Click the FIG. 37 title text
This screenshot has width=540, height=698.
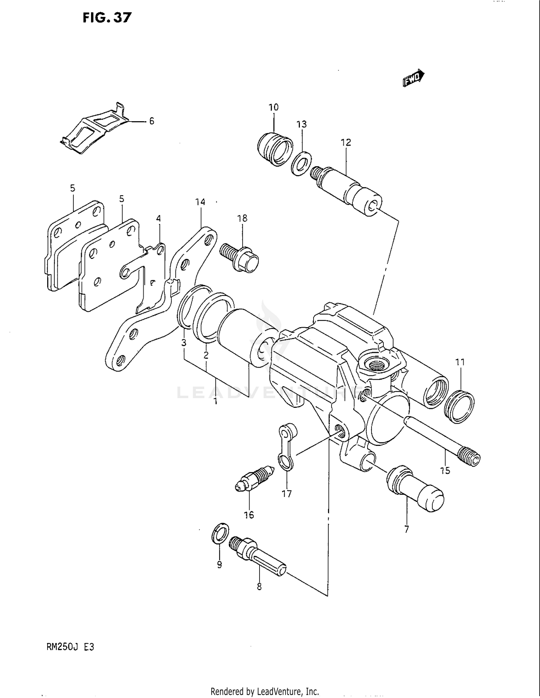click(107, 18)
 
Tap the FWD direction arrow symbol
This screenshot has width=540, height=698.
click(413, 78)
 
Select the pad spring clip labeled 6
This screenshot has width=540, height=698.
click(94, 130)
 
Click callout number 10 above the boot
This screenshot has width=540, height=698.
click(274, 107)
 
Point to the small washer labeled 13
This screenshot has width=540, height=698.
click(301, 164)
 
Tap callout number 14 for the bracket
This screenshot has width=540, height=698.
click(200, 202)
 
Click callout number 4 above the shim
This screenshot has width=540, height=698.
click(158, 218)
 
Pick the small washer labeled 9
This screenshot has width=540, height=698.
click(220, 533)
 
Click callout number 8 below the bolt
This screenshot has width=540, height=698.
click(259, 587)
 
